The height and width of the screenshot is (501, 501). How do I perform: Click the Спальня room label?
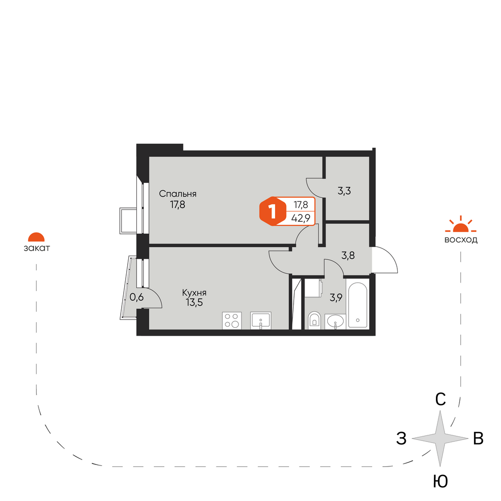click(x=178, y=194)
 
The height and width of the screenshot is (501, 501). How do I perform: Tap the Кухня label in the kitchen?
click(x=194, y=293)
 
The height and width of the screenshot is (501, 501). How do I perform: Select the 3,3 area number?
click(x=344, y=191)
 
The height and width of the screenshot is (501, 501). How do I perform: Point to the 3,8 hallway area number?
click(x=348, y=256)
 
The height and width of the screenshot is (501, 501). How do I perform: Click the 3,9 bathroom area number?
click(x=336, y=298)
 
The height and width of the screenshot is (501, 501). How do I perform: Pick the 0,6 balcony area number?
click(x=137, y=297)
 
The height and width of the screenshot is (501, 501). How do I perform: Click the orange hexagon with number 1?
click(x=273, y=211)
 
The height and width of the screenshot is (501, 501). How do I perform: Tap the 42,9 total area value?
click(x=301, y=218)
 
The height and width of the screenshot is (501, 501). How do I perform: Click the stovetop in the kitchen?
click(x=231, y=321)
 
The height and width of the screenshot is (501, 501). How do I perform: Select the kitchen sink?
click(x=261, y=321)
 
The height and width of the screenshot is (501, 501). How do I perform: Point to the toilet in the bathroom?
click(x=315, y=320)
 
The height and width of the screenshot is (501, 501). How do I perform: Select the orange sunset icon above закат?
click(x=37, y=237)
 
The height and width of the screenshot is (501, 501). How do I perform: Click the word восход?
click(x=461, y=240)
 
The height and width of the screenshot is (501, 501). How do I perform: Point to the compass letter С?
click(x=440, y=399)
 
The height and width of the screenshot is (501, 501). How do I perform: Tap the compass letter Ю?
click(x=440, y=481)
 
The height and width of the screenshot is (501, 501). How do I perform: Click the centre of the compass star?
click(x=440, y=438)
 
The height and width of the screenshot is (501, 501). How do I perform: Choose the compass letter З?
click(x=402, y=438)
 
